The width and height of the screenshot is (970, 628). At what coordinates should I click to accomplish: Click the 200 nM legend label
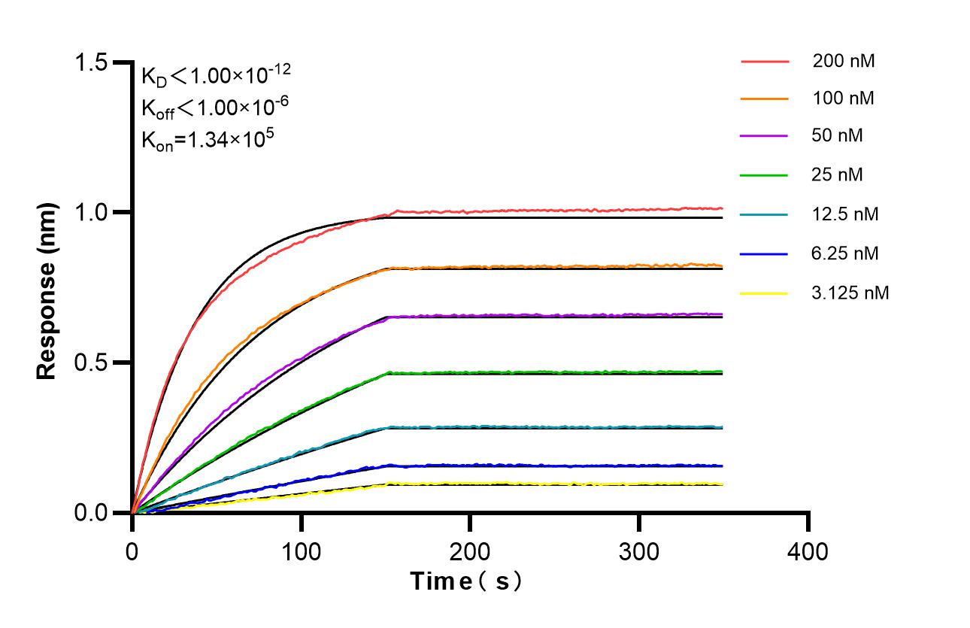[843, 62]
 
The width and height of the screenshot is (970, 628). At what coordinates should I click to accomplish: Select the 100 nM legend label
[843, 99]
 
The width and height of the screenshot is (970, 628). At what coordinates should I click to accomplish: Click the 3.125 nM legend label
[850, 293]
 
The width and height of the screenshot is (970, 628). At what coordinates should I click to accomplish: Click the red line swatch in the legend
[765, 62]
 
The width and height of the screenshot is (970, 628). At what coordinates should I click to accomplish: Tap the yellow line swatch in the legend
[765, 293]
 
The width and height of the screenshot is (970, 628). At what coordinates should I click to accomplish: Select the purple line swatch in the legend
[765, 136]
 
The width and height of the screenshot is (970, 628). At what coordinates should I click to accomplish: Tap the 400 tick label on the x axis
[808, 552]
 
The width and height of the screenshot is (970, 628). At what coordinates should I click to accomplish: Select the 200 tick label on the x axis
[470, 552]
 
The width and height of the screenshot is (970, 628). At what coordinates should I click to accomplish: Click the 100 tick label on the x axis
[301, 552]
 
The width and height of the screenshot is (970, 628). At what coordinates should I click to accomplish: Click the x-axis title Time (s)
[465, 581]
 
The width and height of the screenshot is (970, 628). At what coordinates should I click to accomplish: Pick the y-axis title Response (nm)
[47, 287]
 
